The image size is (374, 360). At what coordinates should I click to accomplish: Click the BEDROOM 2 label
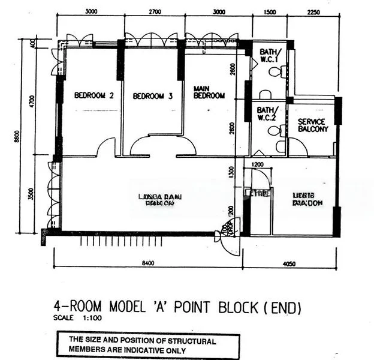(94, 95)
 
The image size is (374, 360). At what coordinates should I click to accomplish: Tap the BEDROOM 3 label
(153, 96)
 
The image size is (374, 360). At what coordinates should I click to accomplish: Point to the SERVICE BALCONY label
(313, 125)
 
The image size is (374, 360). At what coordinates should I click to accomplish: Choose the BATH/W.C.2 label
(266, 113)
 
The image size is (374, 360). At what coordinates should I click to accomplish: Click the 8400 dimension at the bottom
(148, 262)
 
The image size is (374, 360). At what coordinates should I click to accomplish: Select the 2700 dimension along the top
(154, 11)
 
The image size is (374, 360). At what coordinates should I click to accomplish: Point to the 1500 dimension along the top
(270, 11)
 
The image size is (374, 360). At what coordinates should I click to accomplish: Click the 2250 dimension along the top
(313, 11)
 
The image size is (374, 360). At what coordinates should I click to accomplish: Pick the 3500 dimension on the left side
(32, 194)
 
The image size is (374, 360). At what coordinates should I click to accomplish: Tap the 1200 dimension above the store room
(258, 164)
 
